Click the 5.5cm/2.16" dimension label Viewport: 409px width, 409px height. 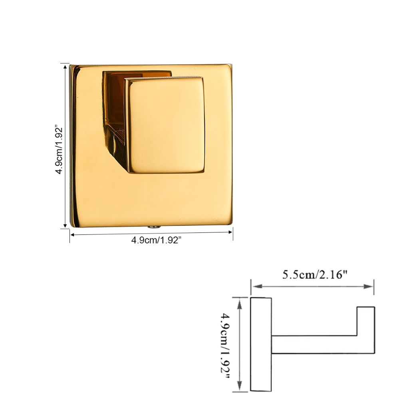pos(315,275)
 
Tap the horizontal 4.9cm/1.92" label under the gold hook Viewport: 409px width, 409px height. pos(156,240)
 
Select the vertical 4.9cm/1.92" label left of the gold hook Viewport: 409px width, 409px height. pos(59,151)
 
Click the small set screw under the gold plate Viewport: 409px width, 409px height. pos(154,227)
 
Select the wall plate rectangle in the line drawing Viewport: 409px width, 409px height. pos(261,344)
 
